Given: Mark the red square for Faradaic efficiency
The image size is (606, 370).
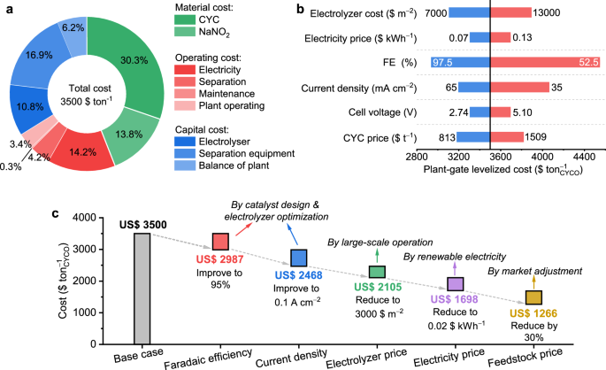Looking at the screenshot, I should click(x=220, y=241).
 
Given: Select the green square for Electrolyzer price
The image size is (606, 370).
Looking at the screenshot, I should click(x=377, y=272).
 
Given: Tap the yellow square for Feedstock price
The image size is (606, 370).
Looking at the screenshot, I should click(x=534, y=297).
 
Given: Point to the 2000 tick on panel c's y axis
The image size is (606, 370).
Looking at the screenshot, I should click(x=108, y=281).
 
